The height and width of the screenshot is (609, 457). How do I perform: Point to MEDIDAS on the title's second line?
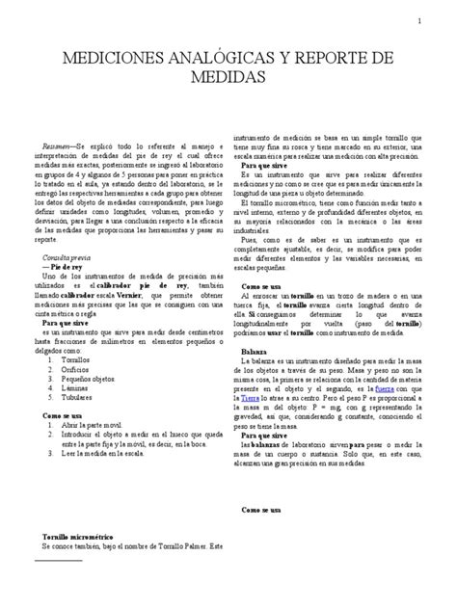click(x=228, y=78)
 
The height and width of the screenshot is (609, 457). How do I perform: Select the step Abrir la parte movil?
click(x=96, y=425)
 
